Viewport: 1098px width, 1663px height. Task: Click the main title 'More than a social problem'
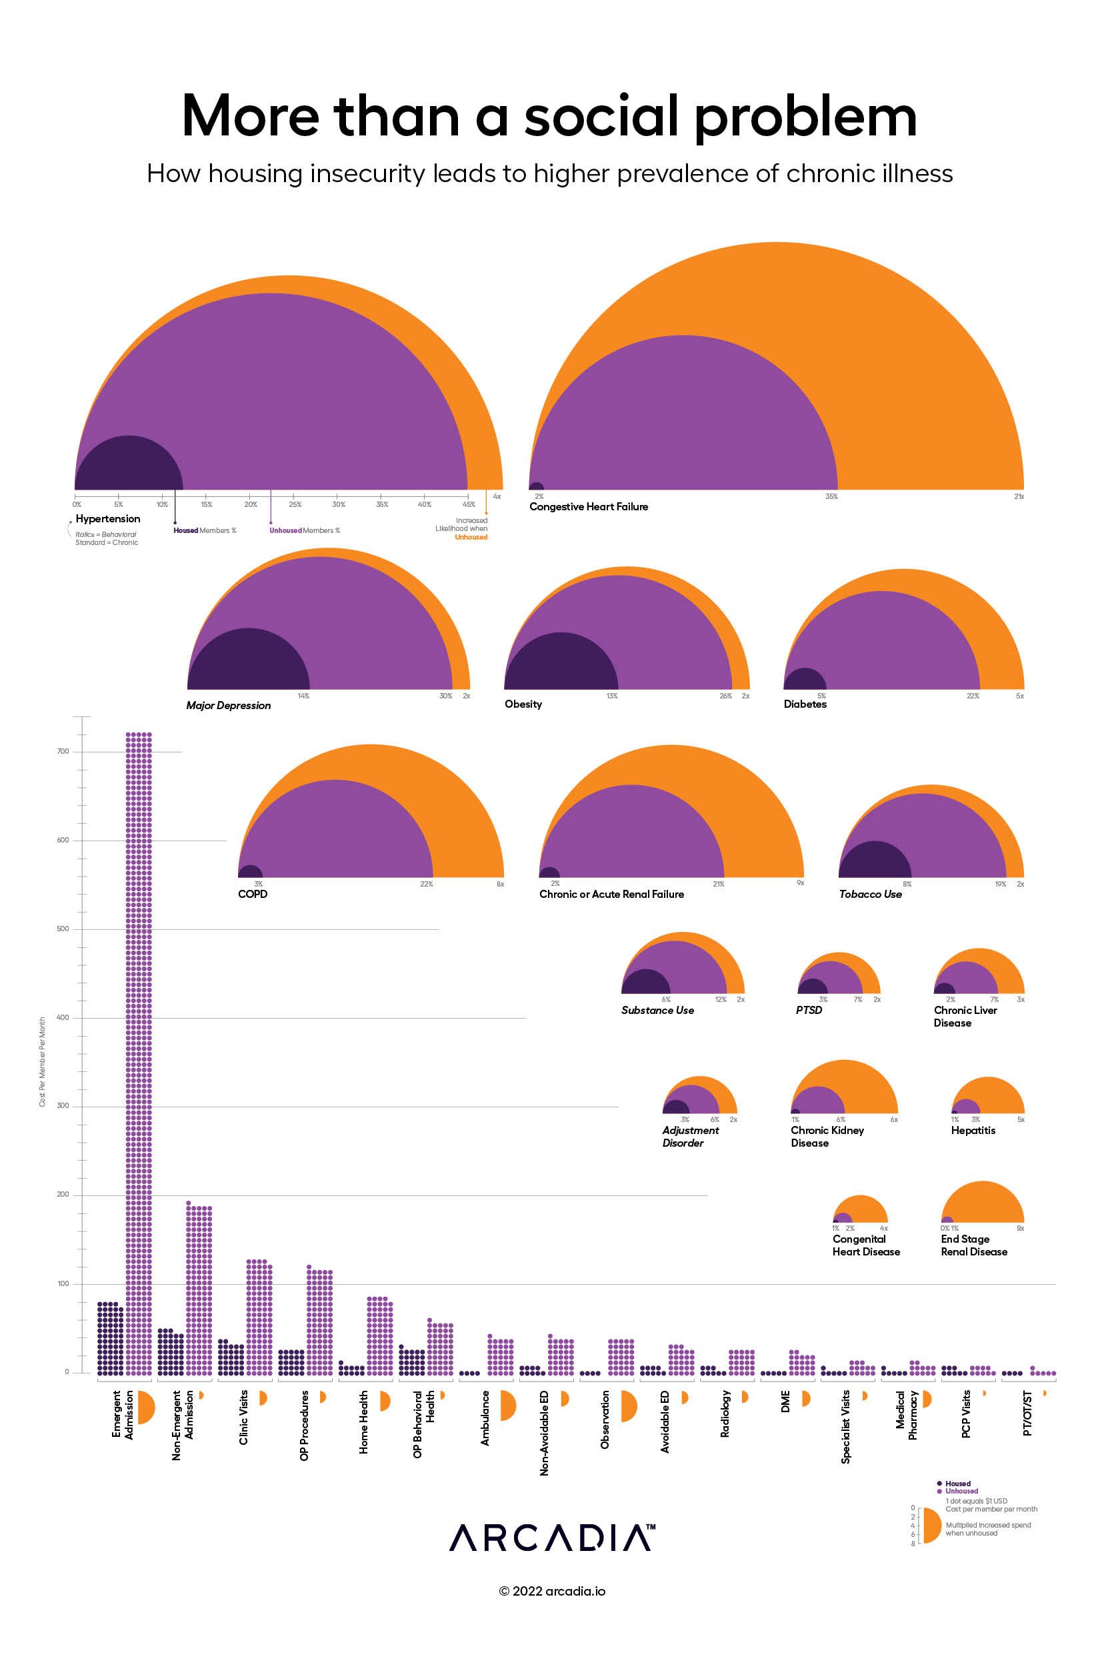point(549,115)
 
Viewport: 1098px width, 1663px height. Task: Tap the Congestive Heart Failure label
point(588,506)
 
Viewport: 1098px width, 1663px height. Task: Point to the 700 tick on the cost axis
point(63,751)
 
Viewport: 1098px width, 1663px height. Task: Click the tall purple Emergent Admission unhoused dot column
point(139,1051)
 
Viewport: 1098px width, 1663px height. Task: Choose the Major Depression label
point(228,705)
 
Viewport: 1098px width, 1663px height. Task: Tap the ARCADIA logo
point(552,1538)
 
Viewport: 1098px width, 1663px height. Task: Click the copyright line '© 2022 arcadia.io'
point(552,1591)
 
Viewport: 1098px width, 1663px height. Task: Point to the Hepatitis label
point(973,1130)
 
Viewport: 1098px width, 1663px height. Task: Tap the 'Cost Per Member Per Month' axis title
point(42,1061)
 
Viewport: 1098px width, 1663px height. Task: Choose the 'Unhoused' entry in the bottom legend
point(961,1492)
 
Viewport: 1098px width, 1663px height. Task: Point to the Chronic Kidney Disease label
point(827,1136)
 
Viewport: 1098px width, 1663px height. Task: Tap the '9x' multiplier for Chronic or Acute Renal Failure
point(801,883)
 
